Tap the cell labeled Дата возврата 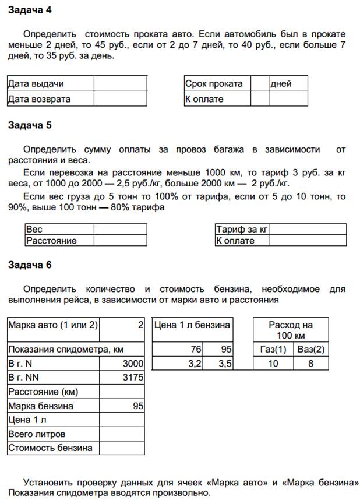[x=40, y=99]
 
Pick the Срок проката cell [x=214, y=84]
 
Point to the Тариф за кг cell [x=242, y=230]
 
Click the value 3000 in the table [x=133, y=364]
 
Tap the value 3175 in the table [x=133, y=378]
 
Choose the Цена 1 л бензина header [x=192, y=325]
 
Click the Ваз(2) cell [x=310, y=350]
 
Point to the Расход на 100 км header [x=291, y=330]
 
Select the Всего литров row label [x=37, y=434]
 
